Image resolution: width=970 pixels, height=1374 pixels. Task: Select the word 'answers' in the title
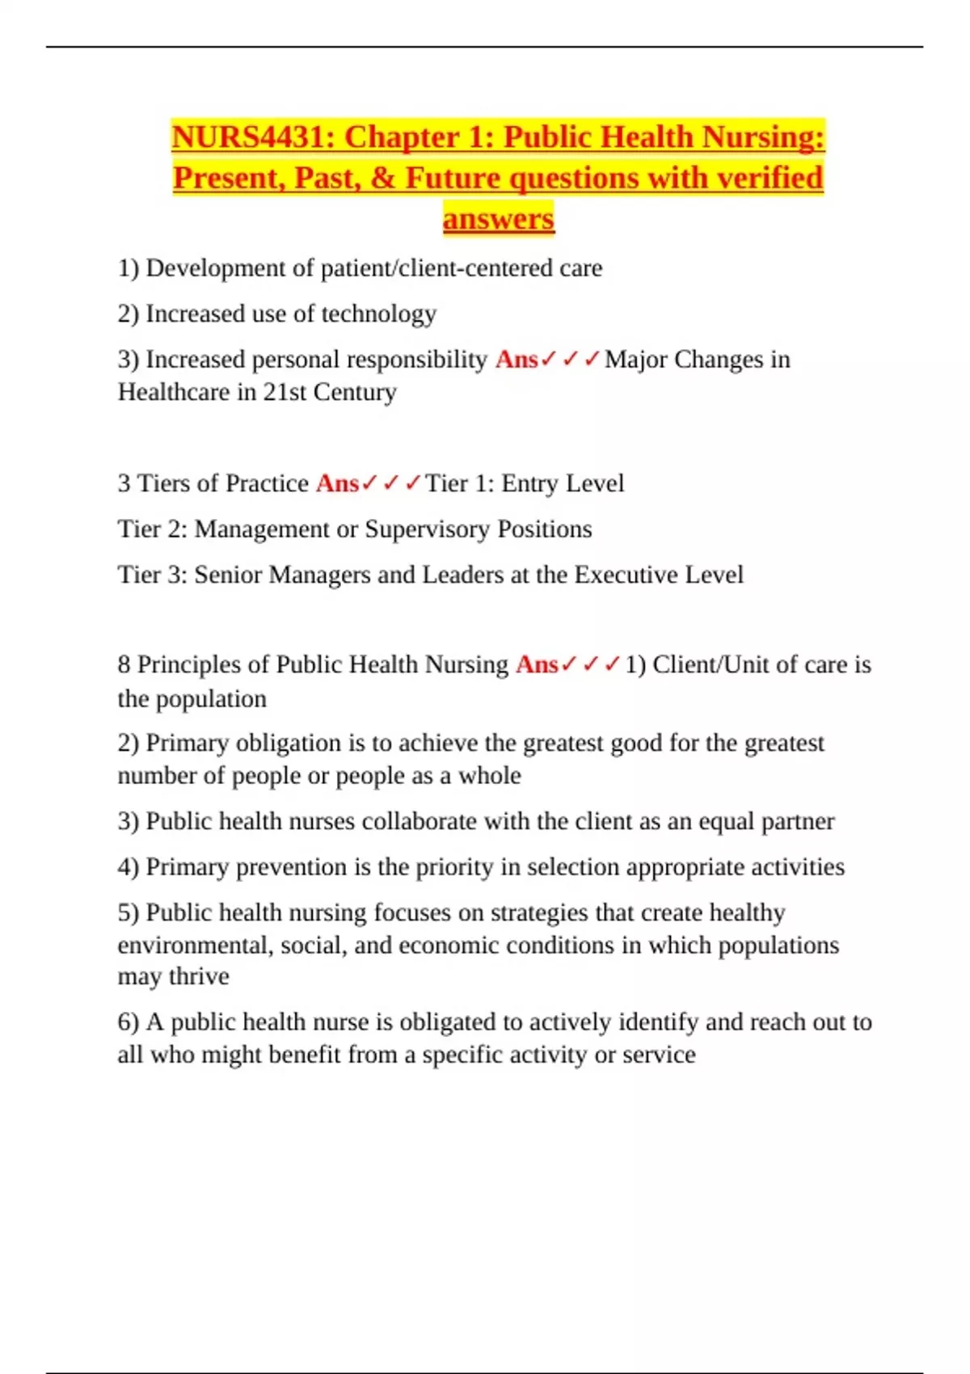498,219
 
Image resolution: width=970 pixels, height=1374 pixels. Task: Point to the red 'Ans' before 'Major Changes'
517,359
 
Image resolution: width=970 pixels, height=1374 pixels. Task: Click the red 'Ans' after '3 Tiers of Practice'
337,483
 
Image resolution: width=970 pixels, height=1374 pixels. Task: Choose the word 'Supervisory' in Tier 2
428,529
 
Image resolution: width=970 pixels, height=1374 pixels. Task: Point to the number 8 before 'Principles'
124,664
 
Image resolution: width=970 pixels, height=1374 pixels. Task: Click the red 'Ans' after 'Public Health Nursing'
537,664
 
